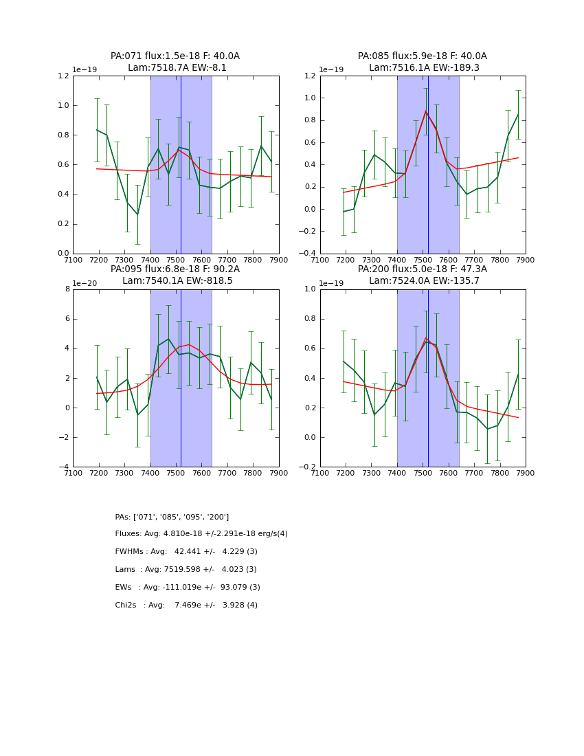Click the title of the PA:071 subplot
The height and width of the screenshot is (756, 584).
175,56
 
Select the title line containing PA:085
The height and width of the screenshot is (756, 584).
422,56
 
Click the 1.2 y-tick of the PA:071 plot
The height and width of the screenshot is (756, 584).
63,76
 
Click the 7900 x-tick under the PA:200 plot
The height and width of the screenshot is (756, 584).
526,474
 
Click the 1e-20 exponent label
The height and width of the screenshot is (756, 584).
85,283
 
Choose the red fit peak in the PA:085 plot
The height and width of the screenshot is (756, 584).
426,111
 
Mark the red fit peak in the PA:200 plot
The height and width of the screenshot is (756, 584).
426,338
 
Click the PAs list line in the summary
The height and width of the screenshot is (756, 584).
172,517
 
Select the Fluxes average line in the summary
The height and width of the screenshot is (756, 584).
201,534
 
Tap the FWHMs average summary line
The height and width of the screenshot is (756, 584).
186,552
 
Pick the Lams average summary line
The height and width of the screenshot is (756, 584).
186,570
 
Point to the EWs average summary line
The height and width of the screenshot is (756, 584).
188,588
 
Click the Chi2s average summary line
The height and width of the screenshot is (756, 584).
186,605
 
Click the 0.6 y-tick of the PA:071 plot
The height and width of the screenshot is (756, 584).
63,165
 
